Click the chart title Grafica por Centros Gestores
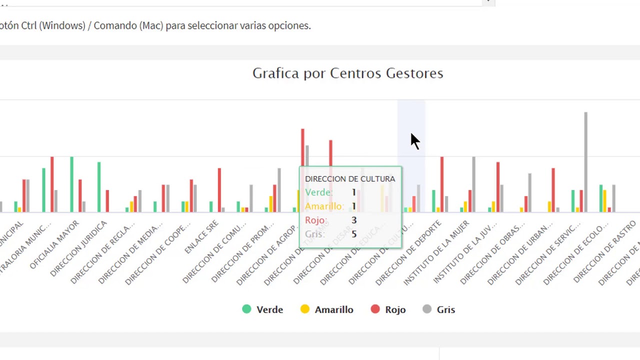click(x=347, y=73)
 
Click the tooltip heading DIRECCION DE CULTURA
click(x=349, y=178)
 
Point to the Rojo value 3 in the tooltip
click(x=354, y=220)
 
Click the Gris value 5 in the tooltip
click(x=354, y=234)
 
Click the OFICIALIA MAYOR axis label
click(x=55, y=244)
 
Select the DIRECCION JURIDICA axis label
click(x=79, y=248)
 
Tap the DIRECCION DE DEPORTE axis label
click(x=409, y=252)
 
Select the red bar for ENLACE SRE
click(x=219, y=189)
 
